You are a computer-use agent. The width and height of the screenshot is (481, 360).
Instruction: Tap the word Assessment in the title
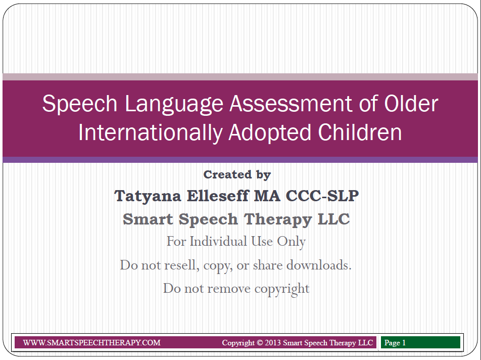(x=291, y=103)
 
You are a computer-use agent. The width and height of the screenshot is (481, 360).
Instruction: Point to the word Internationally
(x=151, y=133)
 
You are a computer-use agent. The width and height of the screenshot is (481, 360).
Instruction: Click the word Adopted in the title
(x=270, y=133)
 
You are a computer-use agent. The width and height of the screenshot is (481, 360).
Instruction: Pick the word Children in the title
(x=360, y=132)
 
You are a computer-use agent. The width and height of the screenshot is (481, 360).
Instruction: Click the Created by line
(x=237, y=174)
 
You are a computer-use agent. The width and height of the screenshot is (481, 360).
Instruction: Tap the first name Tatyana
(x=148, y=196)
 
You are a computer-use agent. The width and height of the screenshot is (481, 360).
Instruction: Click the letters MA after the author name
(x=267, y=196)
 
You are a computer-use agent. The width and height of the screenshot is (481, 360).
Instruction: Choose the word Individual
(x=218, y=241)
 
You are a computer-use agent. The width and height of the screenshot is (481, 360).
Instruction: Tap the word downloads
(x=319, y=265)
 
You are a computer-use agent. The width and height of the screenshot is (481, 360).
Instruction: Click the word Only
(x=291, y=242)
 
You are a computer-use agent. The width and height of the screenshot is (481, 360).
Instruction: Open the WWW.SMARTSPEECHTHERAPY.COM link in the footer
(x=92, y=342)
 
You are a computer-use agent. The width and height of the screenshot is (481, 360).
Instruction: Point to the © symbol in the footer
(x=260, y=343)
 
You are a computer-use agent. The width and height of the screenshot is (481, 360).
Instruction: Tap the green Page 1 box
(x=420, y=342)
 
